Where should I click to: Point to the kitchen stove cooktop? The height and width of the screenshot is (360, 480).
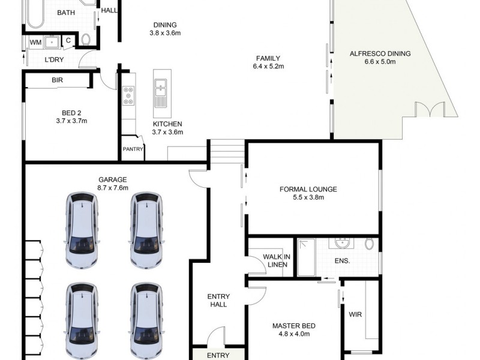pyautogui.click(x=128, y=95)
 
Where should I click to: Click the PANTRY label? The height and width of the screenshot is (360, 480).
pyautogui.click(x=132, y=149)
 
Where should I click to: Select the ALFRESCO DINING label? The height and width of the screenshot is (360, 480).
pyautogui.click(x=380, y=54)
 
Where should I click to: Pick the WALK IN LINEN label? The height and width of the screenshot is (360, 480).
pyautogui.click(x=277, y=261)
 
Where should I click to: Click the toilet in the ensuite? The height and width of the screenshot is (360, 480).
pyautogui.click(x=370, y=244)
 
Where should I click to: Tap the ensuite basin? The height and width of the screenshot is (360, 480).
pyautogui.click(x=343, y=244)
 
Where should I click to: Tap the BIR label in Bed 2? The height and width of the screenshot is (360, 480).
pyautogui.click(x=58, y=79)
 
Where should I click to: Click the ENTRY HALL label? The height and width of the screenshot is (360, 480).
pyautogui.click(x=217, y=301)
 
